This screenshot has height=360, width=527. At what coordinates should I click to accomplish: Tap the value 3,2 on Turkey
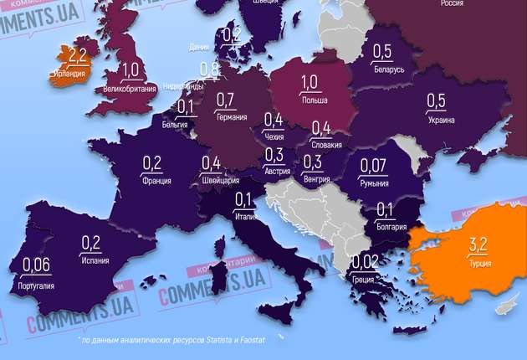(x=478, y=245)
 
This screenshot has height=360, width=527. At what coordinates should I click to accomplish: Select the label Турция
(x=480, y=263)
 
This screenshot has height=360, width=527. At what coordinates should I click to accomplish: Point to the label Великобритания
(x=130, y=87)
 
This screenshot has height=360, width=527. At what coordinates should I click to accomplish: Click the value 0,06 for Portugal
(x=36, y=266)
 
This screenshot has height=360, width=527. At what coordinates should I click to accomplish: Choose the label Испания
(x=91, y=261)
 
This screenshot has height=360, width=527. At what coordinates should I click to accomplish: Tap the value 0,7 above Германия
(x=225, y=100)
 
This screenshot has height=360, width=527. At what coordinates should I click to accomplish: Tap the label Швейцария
(x=221, y=179)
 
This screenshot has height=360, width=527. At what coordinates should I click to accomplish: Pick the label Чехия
(x=273, y=136)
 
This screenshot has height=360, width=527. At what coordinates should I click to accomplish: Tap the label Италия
(x=244, y=216)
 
